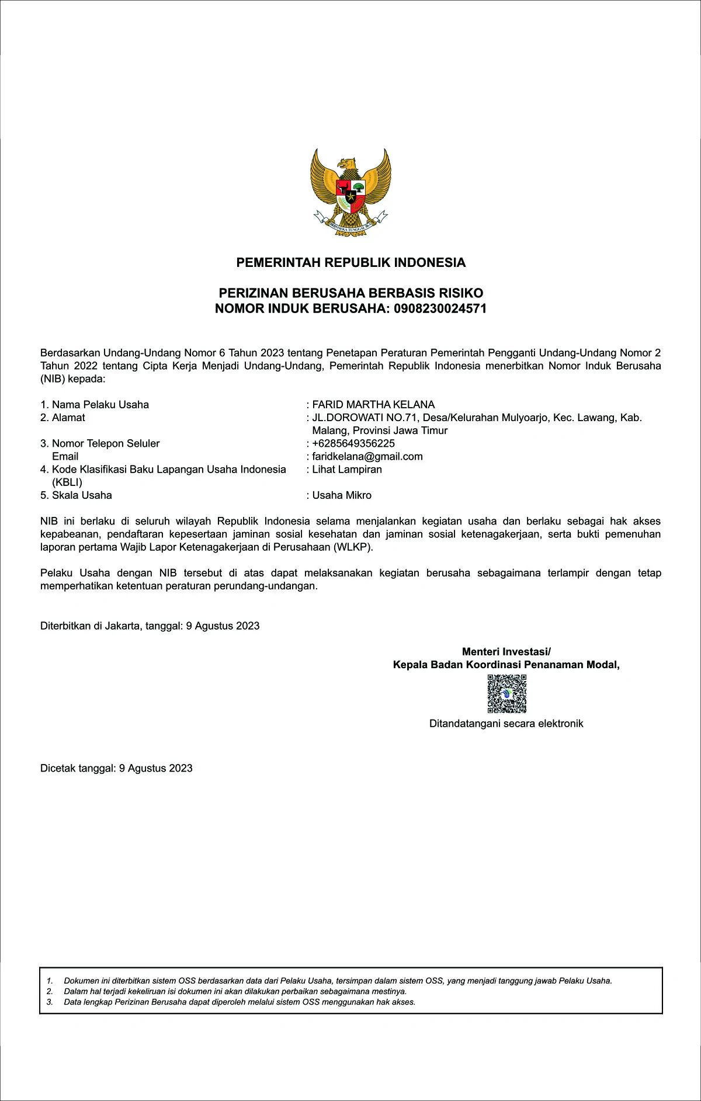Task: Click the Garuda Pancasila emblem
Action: pyautogui.click(x=350, y=192)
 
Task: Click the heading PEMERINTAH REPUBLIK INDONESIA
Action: pyautogui.click(x=350, y=263)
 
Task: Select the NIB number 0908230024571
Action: pyautogui.click(x=440, y=309)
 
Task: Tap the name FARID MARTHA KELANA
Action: pyautogui.click(x=373, y=405)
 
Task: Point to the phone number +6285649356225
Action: pyautogui.click(x=353, y=443)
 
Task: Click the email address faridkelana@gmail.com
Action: pyautogui.click(x=367, y=456)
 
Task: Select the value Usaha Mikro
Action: pyautogui.click(x=342, y=495)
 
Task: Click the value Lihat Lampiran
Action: pyautogui.click(x=347, y=469)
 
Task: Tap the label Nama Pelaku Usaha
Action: pyautogui.click(x=100, y=405)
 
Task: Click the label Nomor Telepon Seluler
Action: pyautogui.click(x=105, y=443)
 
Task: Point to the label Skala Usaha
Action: pyautogui.click(x=82, y=495)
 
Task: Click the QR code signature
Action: pyautogui.click(x=506, y=694)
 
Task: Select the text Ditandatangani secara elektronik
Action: pyautogui.click(x=506, y=724)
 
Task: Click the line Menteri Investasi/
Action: pyautogui.click(x=506, y=652)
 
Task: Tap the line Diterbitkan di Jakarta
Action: pyautogui.click(x=150, y=626)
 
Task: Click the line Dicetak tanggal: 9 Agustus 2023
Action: pyautogui.click(x=116, y=769)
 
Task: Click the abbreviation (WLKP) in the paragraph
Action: pyautogui.click(x=353, y=547)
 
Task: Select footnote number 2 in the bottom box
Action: pyautogui.click(x=50, y=991)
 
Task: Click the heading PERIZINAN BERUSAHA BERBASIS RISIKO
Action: pyautogui.click(x=350, y=293)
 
